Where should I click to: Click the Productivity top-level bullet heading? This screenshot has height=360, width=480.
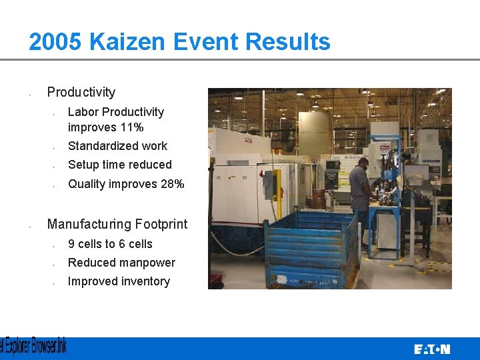coord(81,92)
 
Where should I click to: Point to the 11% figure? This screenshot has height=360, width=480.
coord(132,127)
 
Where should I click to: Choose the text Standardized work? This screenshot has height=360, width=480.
coord(117,146)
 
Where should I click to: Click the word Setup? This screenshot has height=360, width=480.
coord(83,165)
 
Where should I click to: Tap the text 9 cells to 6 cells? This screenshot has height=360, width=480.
coord(110,244)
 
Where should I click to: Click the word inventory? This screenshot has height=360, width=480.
coord(145,281)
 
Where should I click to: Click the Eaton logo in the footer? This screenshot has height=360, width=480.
coord(431,349)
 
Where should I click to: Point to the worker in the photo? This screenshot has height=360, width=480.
coord(361,193)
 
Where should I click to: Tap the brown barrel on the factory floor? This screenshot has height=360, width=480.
coord(318,199)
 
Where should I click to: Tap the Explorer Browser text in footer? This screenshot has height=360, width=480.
coord(33,347)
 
